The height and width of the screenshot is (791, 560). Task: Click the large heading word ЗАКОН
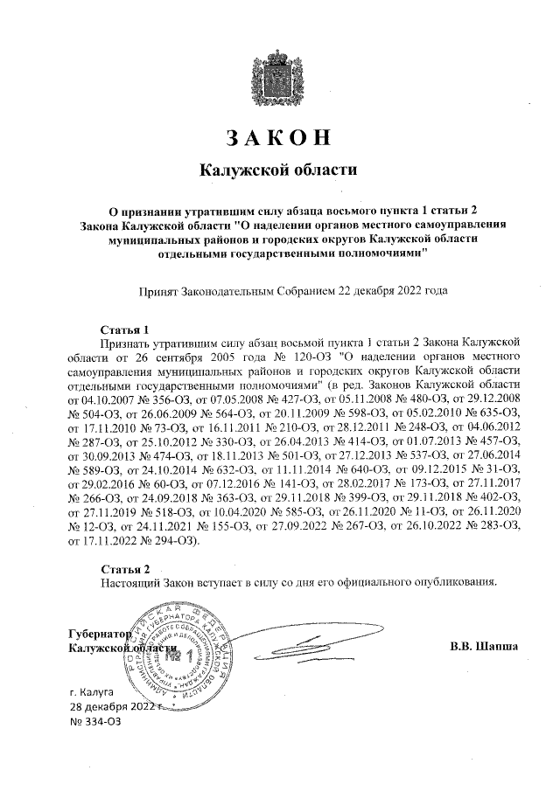click(x=279, y=138)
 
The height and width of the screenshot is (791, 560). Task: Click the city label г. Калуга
click(x=99, y=690)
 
